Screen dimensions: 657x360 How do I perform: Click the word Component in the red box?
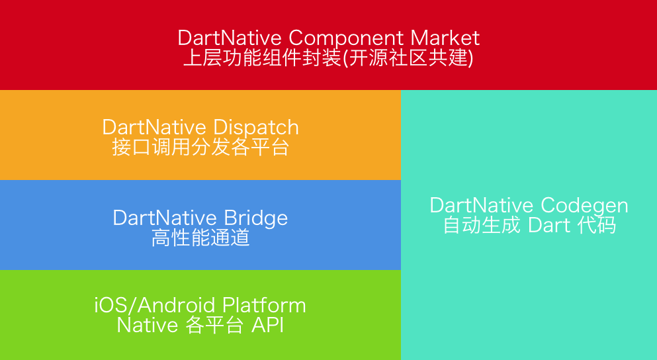click(x=346, y=38)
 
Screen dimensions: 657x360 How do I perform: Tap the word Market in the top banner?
click(x=445, y=38)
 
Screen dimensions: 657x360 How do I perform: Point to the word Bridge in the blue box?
click(x=255, y=218)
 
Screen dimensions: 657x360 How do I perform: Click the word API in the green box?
click(x=267, y=325)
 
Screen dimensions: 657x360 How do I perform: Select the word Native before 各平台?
click(x=148, y=325)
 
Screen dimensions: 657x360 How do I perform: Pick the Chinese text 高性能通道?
click(x=200, y=238)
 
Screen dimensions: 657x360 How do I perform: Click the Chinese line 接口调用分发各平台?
click(x=200, y=147)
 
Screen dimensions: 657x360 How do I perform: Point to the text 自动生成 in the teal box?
click(x=482, y=225)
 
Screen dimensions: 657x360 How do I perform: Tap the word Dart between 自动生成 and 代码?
click(x=549, y=226)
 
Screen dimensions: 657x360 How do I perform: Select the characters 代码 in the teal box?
click(x=596, y=225)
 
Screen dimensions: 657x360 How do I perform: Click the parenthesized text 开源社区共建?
click(x=411, y=58)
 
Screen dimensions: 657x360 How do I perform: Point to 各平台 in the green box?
click(x=214, y=325)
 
